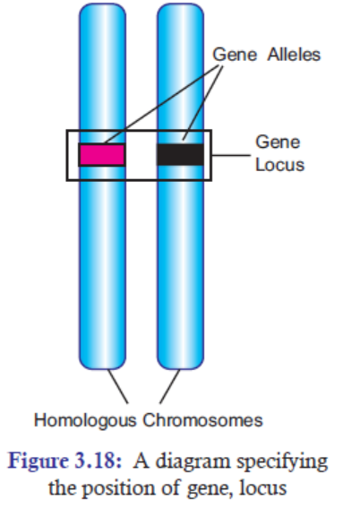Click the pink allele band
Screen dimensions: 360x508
[102, 155]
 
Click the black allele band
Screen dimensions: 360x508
[180, 155]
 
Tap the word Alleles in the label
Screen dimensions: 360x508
[294, 55]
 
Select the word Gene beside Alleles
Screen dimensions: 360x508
[235, 55]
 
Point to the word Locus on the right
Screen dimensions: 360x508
[280, 165]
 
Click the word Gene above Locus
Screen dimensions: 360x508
[278, 142]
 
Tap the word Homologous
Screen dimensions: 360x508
[85, 420]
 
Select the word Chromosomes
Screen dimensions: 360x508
[203, 420]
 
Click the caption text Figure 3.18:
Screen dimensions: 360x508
[64, 461]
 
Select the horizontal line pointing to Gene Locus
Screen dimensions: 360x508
[231, 155]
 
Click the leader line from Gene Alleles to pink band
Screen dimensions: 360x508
[162, 104]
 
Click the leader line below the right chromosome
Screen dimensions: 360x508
[170, 386]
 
